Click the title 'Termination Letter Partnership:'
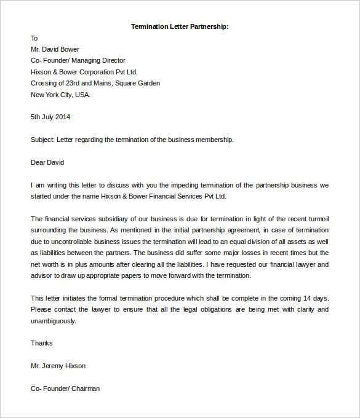pos(180,26)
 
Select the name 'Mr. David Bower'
pos(55,49)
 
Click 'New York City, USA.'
pos(60,95)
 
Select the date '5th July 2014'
pos(50,117)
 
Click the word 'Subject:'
pos(42,140)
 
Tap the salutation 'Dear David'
pos(47,162)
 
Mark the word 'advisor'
pos(41,275)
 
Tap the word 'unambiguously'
pos(53,321)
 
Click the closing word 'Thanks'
pos(42,343)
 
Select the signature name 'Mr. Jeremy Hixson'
pos(58,366)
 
